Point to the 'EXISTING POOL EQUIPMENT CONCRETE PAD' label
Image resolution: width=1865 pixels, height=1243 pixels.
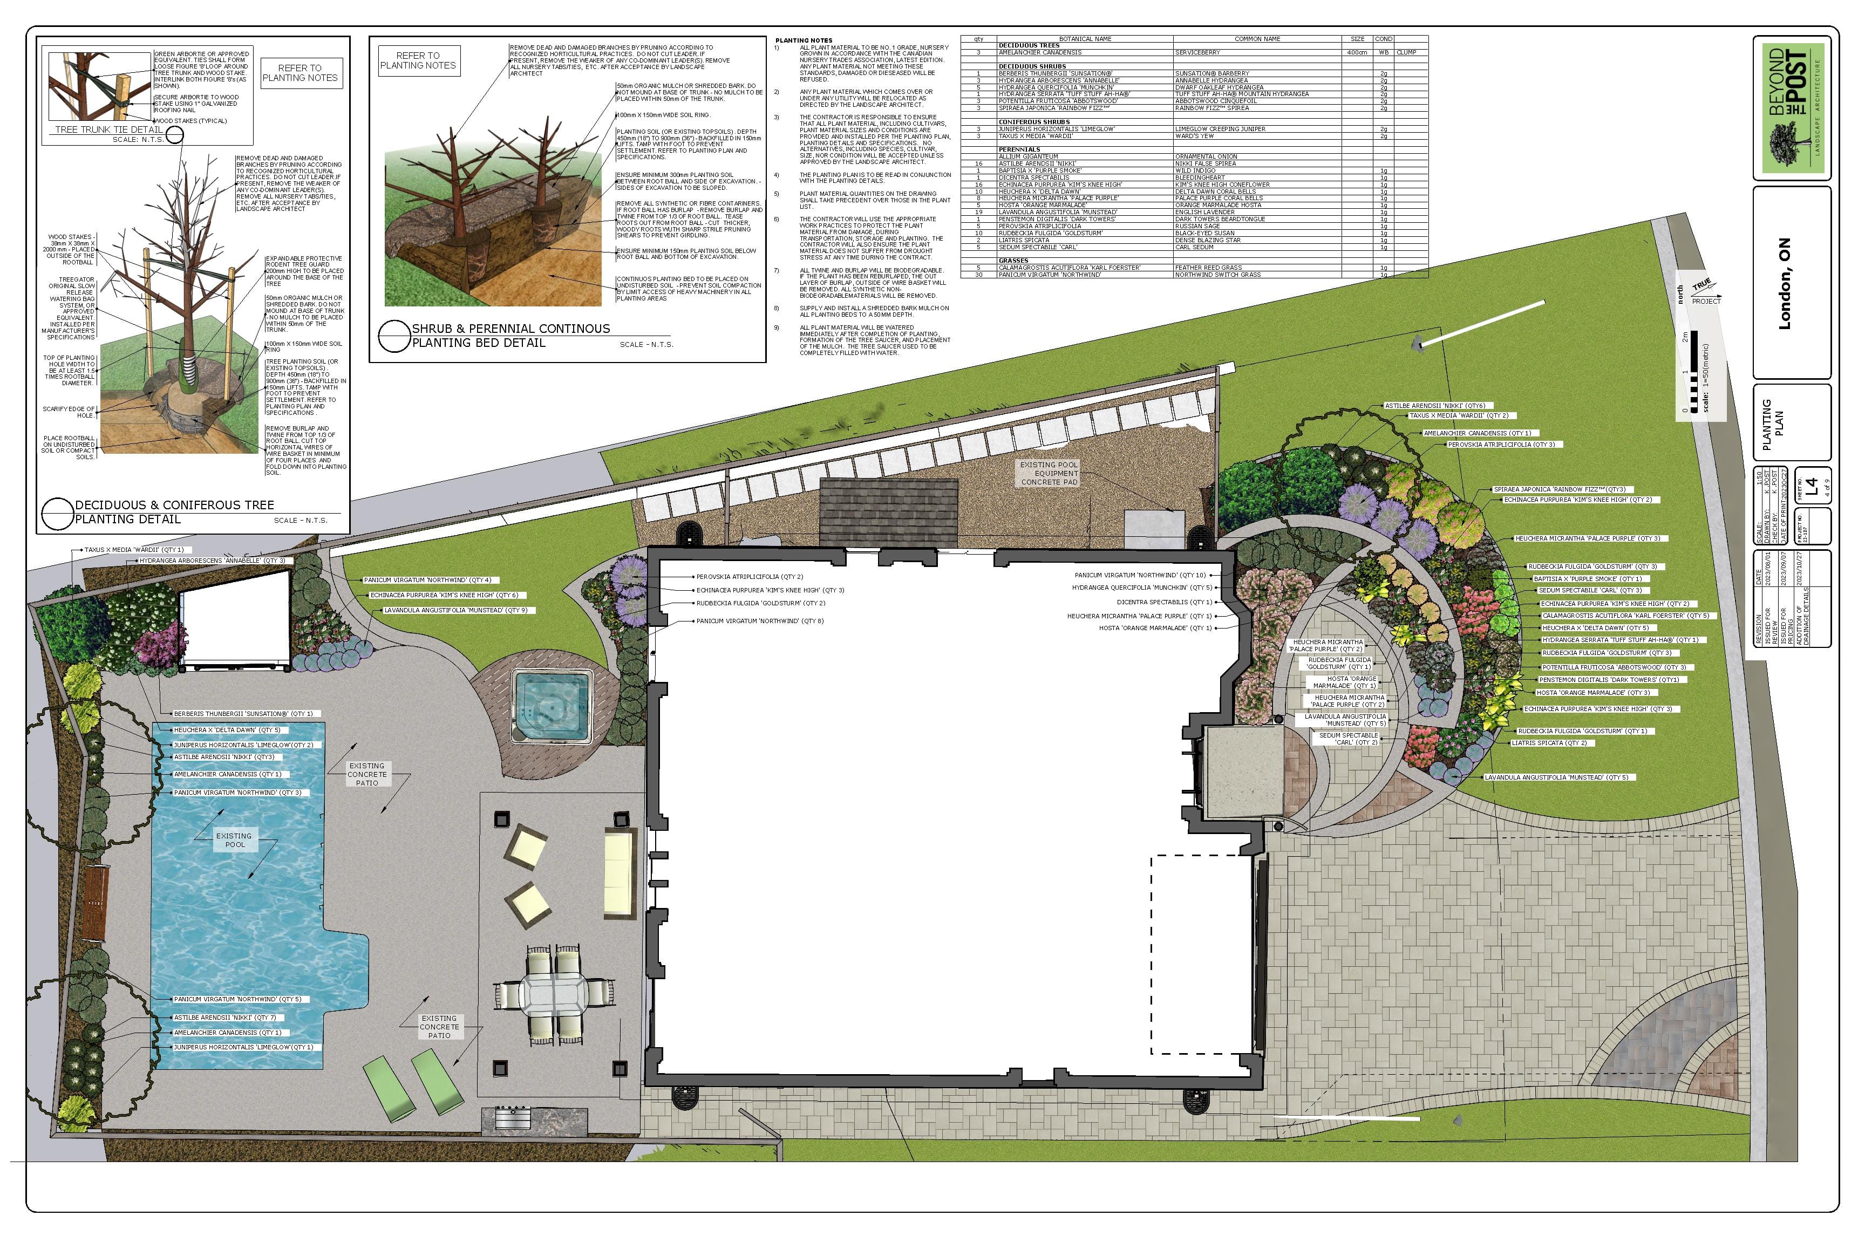(1050, 473)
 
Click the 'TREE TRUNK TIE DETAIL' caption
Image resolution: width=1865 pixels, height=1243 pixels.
(108, 130)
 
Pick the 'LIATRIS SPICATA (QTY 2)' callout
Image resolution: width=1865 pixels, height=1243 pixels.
(1549, 743)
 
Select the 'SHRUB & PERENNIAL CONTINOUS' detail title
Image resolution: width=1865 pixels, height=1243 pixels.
(510, 328)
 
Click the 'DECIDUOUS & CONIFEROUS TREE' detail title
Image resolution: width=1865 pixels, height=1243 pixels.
(174, 505)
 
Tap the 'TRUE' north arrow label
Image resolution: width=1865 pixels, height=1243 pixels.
(1701, 285)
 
